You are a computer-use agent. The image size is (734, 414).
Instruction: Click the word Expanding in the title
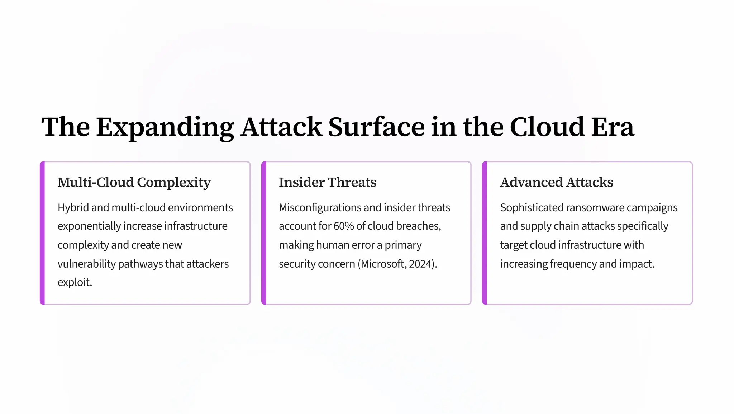pyautogui.click(x=165, y=127)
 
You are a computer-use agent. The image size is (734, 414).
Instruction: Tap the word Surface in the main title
pyautogui.click(x=376, y=127)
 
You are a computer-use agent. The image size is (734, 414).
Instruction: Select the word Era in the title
pyautogui.click(x=613, y=127)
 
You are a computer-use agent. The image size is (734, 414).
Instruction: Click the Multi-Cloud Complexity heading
pyautogui.click(x=134, y=182)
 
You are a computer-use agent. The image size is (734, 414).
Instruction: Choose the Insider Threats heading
pyautogui.click(x=328, y=182)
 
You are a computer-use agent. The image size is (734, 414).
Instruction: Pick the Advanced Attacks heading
pyautogui.click(x=557, y=182)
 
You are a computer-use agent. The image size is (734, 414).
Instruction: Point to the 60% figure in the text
pyautogui.click(x=344, y=226)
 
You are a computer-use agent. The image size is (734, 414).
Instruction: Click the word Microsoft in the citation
pyautogui.click(x=382, y=264)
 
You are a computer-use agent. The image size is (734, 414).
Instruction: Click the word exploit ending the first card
pyautogui.click(x=74, y=283)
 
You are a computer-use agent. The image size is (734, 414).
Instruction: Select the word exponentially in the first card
pyautogui.click(x=89, y=226)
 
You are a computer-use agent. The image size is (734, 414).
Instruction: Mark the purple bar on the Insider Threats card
pyautogui.click(x=264, y=233)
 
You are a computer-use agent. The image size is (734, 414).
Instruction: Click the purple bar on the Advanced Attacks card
pyautogui.click(x=485, y=233)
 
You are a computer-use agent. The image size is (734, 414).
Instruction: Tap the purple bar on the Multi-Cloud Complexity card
pyautogui.click(x=42, y=233)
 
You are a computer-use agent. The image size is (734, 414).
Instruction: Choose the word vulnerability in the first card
pyautogui.click(x=86, y=264)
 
